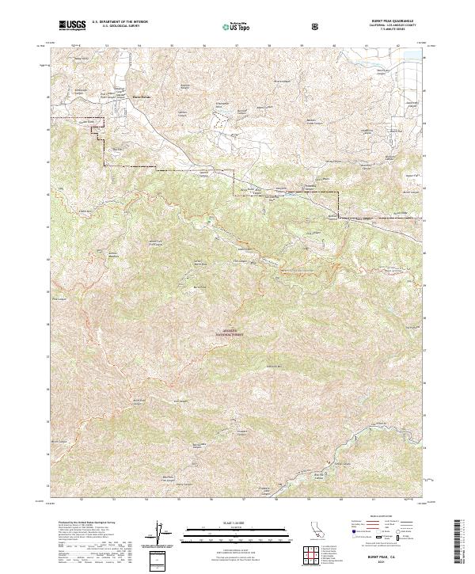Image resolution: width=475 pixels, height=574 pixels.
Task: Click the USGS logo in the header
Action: point(71,26)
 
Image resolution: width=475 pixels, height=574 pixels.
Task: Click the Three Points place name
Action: point(128,98)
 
